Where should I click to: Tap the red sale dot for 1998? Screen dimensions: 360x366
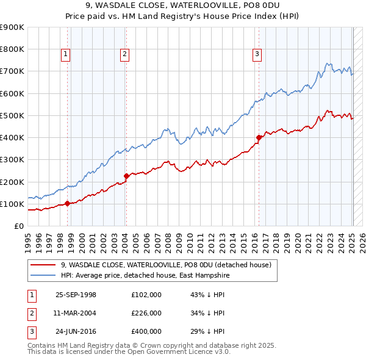click(67, 204)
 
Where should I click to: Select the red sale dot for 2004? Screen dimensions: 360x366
click(126, 176)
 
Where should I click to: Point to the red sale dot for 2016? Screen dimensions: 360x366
click(259, 137)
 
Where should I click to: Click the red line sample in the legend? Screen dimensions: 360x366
click(43, 265)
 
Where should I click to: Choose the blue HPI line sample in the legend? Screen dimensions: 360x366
click(43, 276)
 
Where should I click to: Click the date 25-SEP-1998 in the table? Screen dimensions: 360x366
click(76, 295)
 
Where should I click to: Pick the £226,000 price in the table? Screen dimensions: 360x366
click(146, 313)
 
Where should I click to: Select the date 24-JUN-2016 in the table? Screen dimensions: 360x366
click(76, 331)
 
